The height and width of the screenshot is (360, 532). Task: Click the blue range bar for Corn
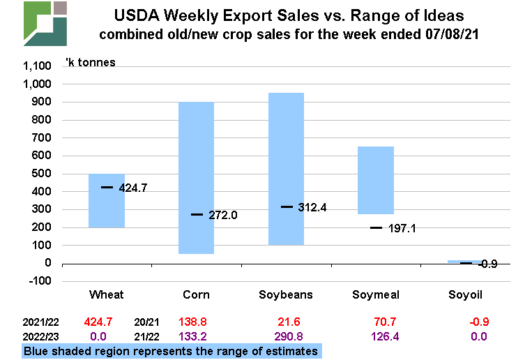(x=196, y=140)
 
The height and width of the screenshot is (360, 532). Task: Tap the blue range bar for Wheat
(x=106, y=209)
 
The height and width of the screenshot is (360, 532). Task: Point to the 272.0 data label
(x=222, y=215)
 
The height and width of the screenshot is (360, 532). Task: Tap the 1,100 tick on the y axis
(x=38, y=66)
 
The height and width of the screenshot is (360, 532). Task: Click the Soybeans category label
(x=286, y=294)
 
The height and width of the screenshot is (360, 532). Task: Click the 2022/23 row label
(x=41, y=336)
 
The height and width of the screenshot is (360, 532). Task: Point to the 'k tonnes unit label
(x=90, y=62)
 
